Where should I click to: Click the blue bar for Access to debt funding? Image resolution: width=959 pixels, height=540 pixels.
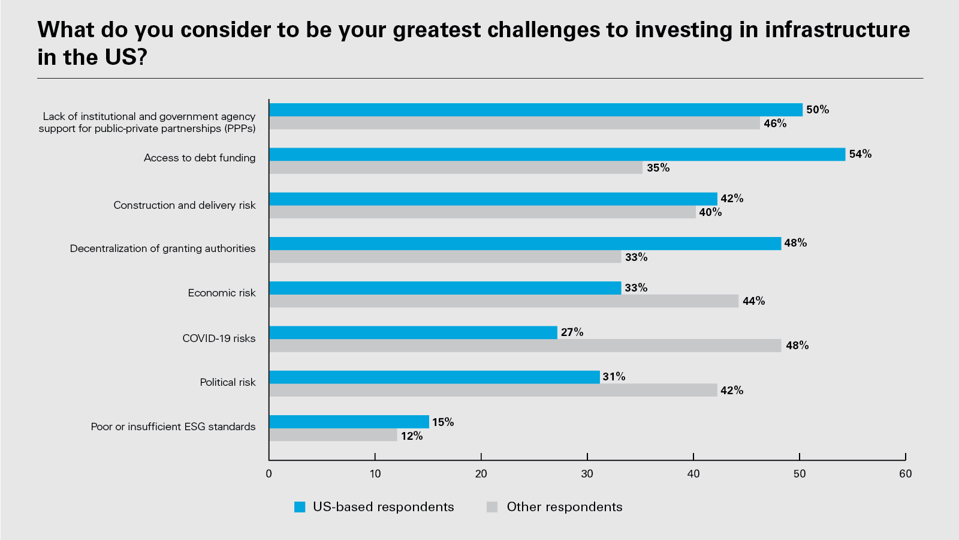tap(557, 154)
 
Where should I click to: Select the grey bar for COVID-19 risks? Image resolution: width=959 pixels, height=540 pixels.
tap(525, 346)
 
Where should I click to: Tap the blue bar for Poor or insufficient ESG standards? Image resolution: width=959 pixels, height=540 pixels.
tap(349, 422)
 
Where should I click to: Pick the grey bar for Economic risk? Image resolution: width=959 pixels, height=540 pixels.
tap(503, 301)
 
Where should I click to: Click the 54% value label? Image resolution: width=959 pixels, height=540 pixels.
tap(860, 154)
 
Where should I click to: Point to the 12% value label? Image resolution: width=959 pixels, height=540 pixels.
tap(412, 436)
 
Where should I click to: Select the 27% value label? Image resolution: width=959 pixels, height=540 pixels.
tap(572, 332)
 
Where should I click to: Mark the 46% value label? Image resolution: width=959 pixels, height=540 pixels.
tap(775, 124)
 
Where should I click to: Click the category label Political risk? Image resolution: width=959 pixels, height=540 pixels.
tap(228, 382)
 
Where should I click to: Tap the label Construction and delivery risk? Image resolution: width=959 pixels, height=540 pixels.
tap(185, 205)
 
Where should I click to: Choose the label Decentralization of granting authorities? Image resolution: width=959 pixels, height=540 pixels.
tap(162, 248)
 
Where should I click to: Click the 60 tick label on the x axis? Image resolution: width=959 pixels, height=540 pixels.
tap(905, 474)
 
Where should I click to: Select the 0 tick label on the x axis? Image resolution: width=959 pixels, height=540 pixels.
tap(269, 474)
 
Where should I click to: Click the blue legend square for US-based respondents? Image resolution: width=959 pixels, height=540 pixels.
tap(300, 507)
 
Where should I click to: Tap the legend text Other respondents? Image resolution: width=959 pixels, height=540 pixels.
tap(564, 507)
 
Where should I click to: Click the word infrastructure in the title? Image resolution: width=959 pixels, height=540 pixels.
tap(837, 30)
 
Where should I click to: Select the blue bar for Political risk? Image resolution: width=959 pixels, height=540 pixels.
tap(435, 377)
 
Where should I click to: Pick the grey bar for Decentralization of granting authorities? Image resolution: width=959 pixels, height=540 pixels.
tap(445, 257)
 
